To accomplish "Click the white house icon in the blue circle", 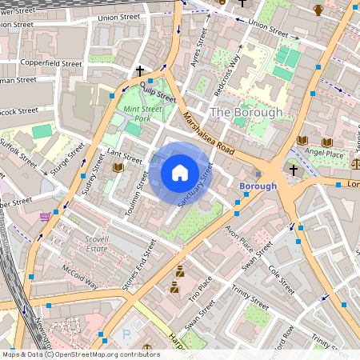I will pos(180,173).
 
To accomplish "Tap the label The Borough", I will pos(246,113).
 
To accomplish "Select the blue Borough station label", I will pos(258,186).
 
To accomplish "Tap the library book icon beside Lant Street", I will pos(118,167).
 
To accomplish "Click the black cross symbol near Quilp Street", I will pos(140,71).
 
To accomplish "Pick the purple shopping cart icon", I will pos(54,216).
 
